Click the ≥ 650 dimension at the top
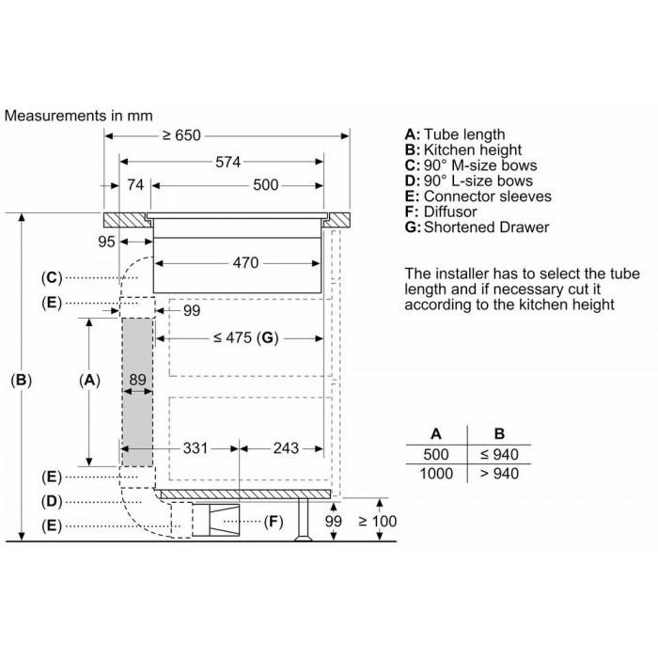[x=181, y=135]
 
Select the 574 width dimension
[x=227, y=162]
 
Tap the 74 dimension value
[x=135, y=185]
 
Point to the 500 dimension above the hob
[x=266, y=185]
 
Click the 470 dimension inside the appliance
[x=245, y=263]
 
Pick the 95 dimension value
[x=106, y=242]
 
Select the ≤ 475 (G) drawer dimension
[x=246, y=337]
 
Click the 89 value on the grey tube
[x=137, y=380]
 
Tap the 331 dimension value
[x=196, y=448]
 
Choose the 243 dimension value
[x=286, y=448]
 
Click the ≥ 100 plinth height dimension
[x=378, y=521]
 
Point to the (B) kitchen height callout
[x=21, y=380]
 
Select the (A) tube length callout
[x=89, y=380]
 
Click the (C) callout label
[x=52, y=278]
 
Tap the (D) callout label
[x=52, y=501]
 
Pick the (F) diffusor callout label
[x=274, y=522]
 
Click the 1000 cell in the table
[x=436, y=474]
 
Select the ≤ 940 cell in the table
[x=499, y=454]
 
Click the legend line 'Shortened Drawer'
[x=486, y=227]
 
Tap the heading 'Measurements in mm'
[x=78, y=116]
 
